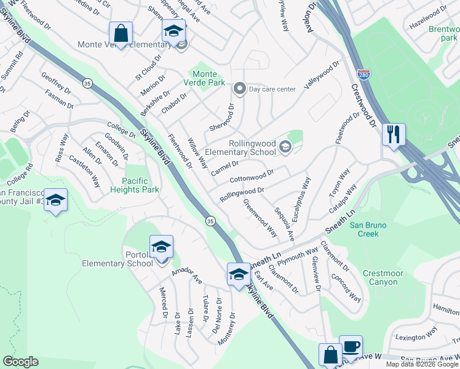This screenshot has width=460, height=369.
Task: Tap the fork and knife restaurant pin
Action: pos(394,133)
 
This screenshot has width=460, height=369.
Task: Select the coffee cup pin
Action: pos(351,346)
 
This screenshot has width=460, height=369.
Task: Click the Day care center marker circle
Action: pos(240,89)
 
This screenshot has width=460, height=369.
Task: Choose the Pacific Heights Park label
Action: pos(132,186)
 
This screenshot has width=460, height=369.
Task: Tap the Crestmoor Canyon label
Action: pos(386,278)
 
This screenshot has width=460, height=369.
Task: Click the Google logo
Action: pos(21,362)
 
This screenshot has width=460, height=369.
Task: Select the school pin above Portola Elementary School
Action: pos(161,247)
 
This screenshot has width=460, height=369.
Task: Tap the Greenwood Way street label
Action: pos(260,218)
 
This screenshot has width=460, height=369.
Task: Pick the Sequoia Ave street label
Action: pos(284,224)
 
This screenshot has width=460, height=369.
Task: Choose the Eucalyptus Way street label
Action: pos(303,200)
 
